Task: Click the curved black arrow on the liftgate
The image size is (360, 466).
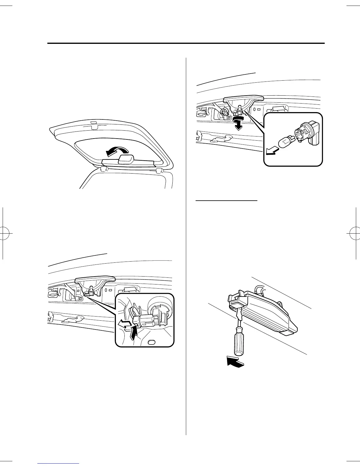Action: coord(117,152)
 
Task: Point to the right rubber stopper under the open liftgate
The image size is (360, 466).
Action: coord(160,171)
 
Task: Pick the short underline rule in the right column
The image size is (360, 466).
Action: coord(226,201)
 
